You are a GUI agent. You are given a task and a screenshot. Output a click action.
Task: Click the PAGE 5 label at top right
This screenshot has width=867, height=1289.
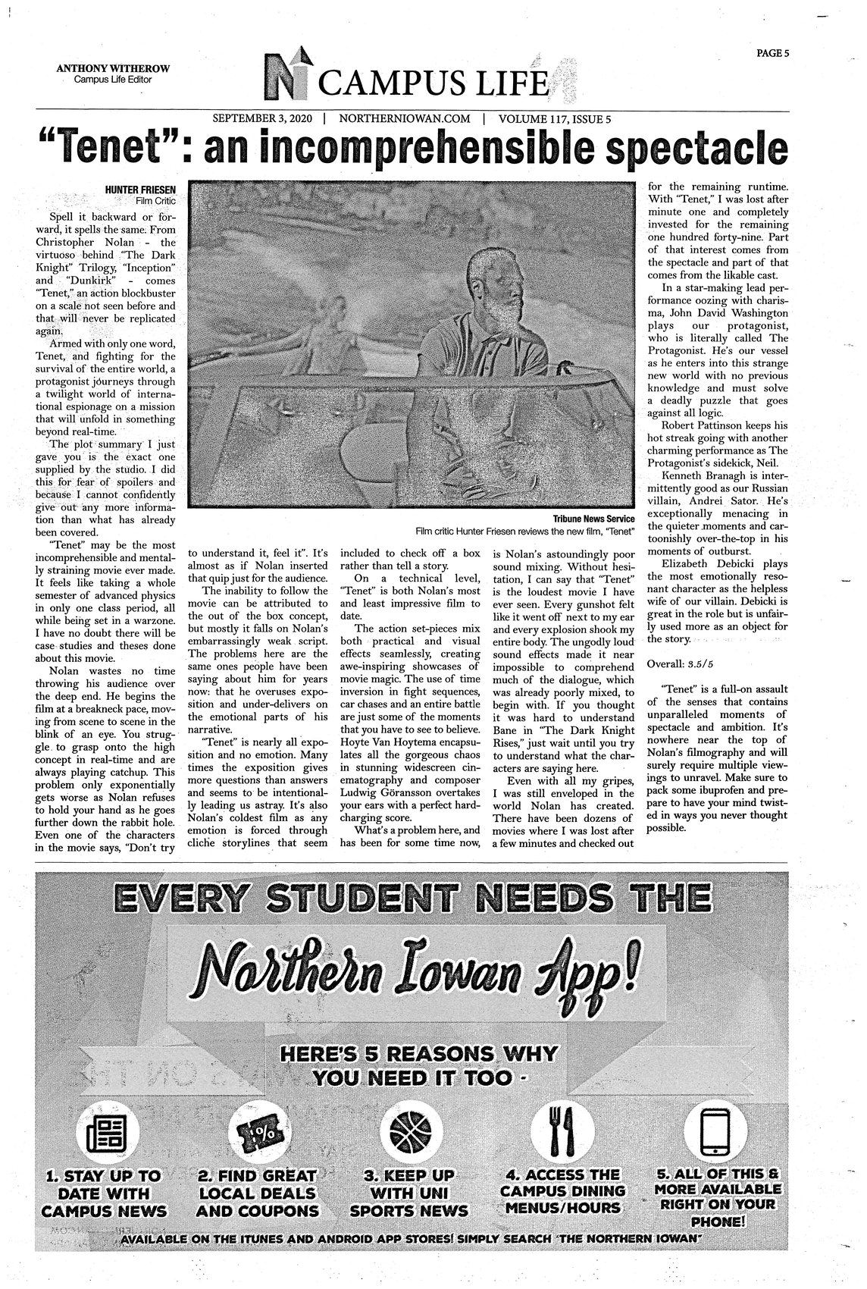[772, 53]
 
